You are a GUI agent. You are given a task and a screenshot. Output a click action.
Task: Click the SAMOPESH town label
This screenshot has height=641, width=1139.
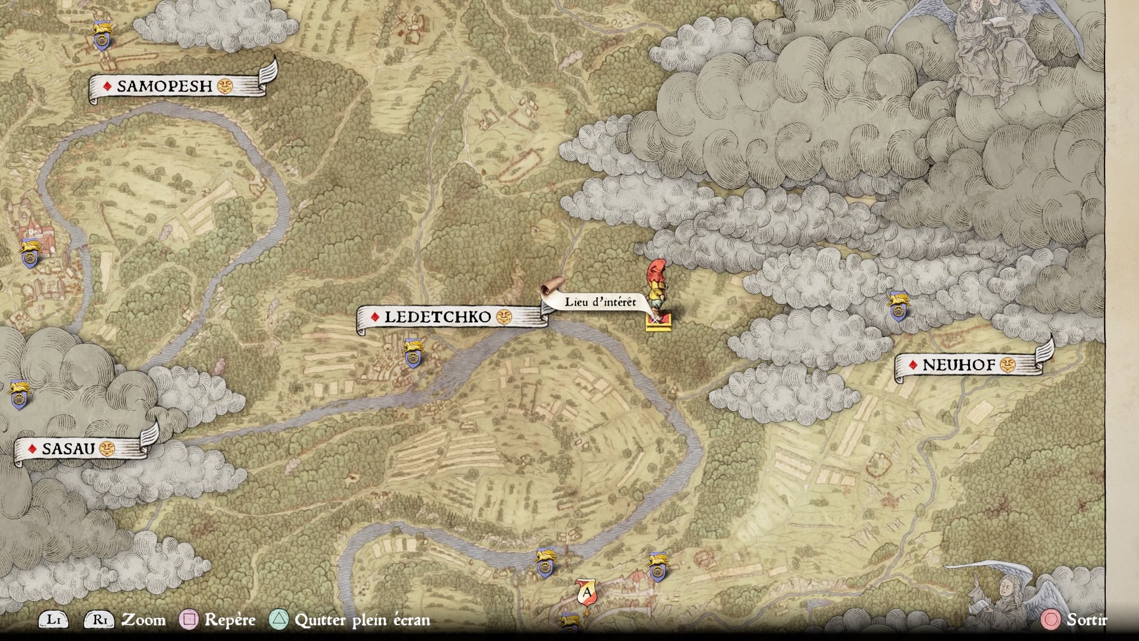(x=164, y=87)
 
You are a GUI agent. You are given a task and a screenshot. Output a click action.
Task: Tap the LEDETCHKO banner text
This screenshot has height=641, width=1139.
(x=438, y=318)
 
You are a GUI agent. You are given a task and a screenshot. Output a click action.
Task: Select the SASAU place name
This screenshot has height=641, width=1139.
(x=68, y=449)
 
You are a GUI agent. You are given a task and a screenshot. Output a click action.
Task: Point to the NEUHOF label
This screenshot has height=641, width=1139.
(x=959, y=365)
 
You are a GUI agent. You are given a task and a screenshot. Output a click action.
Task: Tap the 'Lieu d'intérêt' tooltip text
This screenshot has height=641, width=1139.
(x=600, y=302)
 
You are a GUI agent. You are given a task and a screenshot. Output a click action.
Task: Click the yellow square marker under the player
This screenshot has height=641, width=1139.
(x=658, y=322)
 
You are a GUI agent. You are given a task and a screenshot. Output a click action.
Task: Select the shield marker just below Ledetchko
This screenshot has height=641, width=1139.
(x=412, y=354)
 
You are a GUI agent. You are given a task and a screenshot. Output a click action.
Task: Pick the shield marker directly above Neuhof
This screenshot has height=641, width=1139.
(x=898, y=307)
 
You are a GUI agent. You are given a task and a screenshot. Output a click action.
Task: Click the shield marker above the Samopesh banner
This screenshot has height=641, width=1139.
(x=103, y=36)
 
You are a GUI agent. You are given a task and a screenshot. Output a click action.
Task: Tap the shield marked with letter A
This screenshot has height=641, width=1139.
(x=586, y=594)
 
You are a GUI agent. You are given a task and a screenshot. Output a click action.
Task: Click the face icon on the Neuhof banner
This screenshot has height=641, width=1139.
(x=1007, y=364)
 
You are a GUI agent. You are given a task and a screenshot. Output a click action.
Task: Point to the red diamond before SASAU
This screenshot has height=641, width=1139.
(x=33, y=449)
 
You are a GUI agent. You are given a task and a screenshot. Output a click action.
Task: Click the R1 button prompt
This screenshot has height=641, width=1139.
(x=99, y=620)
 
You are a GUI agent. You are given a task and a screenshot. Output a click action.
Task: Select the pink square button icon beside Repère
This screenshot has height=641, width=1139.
(x=189, y=620)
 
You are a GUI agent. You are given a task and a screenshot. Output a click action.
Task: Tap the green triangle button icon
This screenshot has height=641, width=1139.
(x=279, y=620)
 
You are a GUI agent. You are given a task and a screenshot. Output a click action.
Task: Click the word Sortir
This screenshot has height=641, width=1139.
(x=1086, y=620)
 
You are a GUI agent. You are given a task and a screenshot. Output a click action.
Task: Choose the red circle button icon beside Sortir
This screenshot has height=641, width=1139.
(x=1051, y=620)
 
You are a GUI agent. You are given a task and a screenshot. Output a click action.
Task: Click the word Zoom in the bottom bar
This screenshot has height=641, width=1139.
(x=144, y=620)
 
